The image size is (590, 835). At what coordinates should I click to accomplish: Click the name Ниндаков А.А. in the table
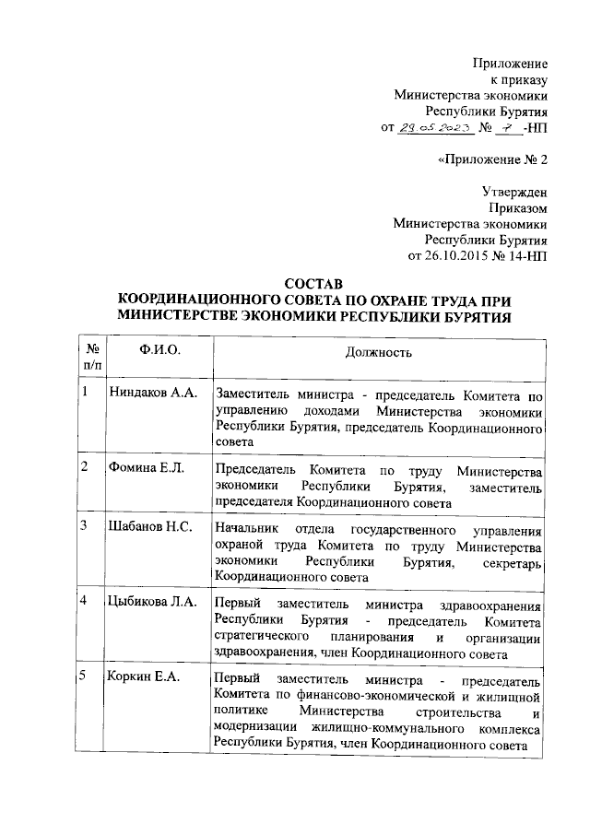pyautogui.click(x=153, y=394)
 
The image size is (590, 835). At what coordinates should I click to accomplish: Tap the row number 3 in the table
pyautogui.click(x=84, y=526)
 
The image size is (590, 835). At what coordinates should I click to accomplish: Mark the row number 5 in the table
pyautogui.click(x=84, y=677)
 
